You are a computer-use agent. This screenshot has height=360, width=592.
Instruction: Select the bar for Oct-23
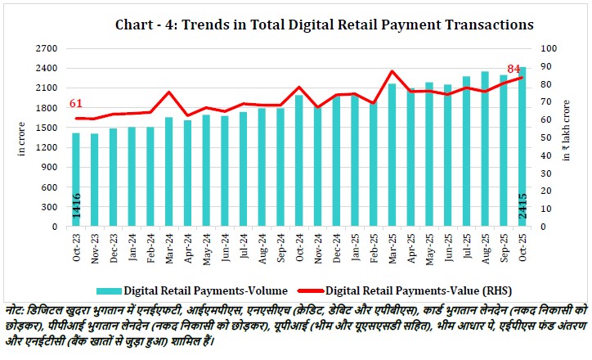(76, 179)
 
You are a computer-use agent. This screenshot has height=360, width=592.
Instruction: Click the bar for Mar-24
(168, 172)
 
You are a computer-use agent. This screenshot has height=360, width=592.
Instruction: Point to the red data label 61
(76, 103)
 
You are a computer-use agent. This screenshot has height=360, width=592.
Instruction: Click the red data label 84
(514, 68)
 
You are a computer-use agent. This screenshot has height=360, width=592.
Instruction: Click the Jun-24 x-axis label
(223, 245)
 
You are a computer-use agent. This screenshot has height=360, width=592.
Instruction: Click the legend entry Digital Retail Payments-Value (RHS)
(401, 290)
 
